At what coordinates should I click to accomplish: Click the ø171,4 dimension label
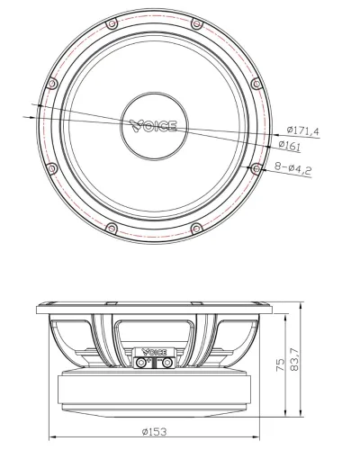click(302, 130)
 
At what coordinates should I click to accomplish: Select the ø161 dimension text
click(289, 145)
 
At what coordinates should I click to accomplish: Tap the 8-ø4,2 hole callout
click(293, 168)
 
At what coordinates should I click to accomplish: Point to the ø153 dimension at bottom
click(154, 432)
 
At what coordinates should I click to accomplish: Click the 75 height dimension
click(280, 364)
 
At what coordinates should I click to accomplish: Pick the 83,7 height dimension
click(294, 359)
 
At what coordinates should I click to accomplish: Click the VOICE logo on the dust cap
click(153, 126)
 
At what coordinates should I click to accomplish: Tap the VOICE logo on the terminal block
click(154, 352)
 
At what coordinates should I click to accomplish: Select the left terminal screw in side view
click(141, 363)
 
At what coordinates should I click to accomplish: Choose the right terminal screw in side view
click(166, 363)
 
